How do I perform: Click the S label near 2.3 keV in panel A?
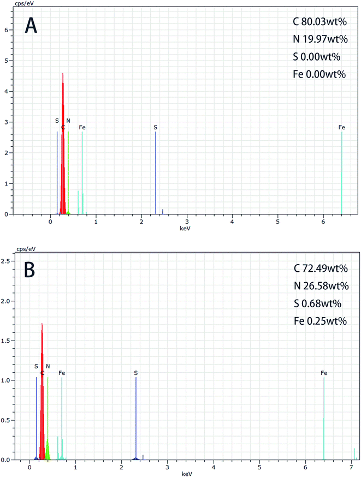point(156,128)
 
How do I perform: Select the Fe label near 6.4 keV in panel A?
point(342,128)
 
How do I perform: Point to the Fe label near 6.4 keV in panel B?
point(324,373)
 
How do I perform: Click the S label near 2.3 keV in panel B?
point(135,373)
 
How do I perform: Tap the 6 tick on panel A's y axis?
point(6,30)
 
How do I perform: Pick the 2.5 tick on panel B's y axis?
point(6,261)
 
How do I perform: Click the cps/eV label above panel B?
point(11,250)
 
